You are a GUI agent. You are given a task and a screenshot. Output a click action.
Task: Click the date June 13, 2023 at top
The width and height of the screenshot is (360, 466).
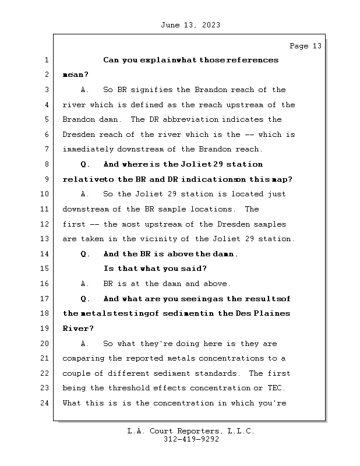point(190,25)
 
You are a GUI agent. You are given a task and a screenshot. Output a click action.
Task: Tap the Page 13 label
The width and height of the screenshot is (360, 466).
point(306,46)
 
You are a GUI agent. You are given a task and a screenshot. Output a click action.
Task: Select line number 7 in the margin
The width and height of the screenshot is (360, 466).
point(47,149)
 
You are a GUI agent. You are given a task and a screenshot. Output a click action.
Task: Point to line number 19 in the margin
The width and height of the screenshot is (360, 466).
point(44,329)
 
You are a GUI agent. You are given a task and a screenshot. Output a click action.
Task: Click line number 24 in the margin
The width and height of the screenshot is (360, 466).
point(44,403)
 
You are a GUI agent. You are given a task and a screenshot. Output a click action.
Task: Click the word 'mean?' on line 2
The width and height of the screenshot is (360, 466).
point(76,75)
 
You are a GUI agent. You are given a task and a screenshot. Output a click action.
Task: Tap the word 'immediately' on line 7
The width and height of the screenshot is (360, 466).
point(88,149)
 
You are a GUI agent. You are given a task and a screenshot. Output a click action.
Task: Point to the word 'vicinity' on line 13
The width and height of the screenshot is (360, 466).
point(160,239)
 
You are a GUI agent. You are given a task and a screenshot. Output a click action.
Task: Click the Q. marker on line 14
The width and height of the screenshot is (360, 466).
point(85,254)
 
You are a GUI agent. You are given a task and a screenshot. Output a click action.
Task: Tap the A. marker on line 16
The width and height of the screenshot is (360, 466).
point(85,284)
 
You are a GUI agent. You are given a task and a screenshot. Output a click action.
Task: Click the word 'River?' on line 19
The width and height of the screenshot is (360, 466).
point(78,329)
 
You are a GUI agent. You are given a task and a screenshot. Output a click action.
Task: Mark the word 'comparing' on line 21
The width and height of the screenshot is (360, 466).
point(83,358)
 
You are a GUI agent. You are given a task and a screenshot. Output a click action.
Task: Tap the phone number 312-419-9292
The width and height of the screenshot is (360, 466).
point(191,439)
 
